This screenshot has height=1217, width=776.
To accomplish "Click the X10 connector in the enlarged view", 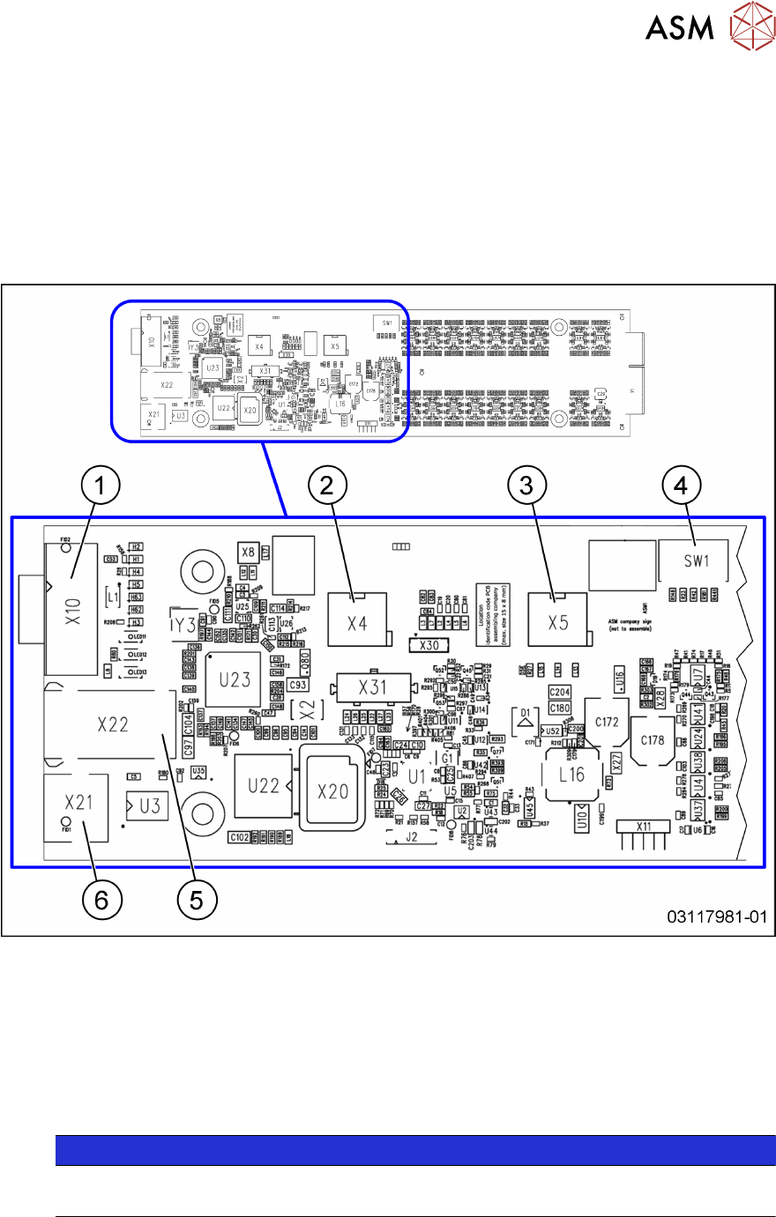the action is pyautogui.click(x=72, y=607).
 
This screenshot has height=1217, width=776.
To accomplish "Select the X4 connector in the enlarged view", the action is pyautogui.click(x=356, y=622).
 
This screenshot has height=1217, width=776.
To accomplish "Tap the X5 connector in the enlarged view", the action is pyautogui.click(x=557, y=622).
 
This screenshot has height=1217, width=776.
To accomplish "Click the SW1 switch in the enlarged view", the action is pyautogui.click(x=696, y=561).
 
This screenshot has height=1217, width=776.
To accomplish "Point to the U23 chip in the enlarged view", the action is pyautogui.click(x=234, y=679).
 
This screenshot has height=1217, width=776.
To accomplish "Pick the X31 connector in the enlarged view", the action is pyautogui.click(x=372, y=686).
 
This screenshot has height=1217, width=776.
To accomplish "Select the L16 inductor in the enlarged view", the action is pyautogui.click(x=571, y=775).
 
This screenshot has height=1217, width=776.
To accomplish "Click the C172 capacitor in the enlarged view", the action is pyautogui.click(x=607, y=722).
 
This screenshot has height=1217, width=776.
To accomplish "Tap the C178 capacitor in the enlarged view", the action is pyautogui.click(x=653, y=740).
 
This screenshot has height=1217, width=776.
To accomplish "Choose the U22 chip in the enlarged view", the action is pyautogui.click(x=263, y=786).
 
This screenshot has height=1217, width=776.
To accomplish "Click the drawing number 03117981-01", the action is pyautogui.click(x=717, y=917).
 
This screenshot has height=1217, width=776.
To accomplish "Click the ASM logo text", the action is pyautogui.click(x=679, y=27).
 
